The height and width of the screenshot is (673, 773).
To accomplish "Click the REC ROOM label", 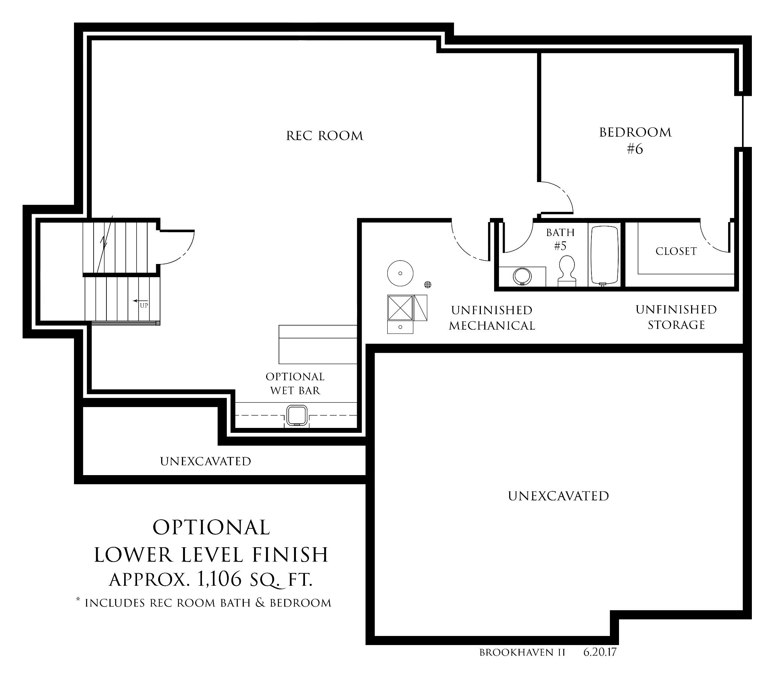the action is [x=325, y=136].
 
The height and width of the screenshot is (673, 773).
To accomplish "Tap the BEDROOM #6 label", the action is [x=635, y=140].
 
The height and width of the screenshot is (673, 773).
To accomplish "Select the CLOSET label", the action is [x=676, y=252].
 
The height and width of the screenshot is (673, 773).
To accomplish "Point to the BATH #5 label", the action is [x=561, y=239].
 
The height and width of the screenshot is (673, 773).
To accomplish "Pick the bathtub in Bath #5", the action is [x=604, y=255].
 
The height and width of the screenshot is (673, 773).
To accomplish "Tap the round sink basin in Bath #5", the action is [x=522, y=276].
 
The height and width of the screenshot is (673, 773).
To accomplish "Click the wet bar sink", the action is [x=296, y=416].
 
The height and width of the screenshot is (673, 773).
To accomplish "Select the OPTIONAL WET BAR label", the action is [x=295, y=383].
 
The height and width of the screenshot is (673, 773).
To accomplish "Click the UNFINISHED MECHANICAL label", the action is [x=492, y=318].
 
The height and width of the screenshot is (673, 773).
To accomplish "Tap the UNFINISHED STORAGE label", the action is [x=676, y=317].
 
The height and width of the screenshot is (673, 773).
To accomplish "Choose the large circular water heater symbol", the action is [x=400, y=273].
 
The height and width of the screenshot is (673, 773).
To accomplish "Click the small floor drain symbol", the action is [x=428, y=284].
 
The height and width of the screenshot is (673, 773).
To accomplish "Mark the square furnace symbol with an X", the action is [x=400, y=308].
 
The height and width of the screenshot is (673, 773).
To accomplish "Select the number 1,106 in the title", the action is [x=219, y=579].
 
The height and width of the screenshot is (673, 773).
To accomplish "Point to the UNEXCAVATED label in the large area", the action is [x=559, y=496].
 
